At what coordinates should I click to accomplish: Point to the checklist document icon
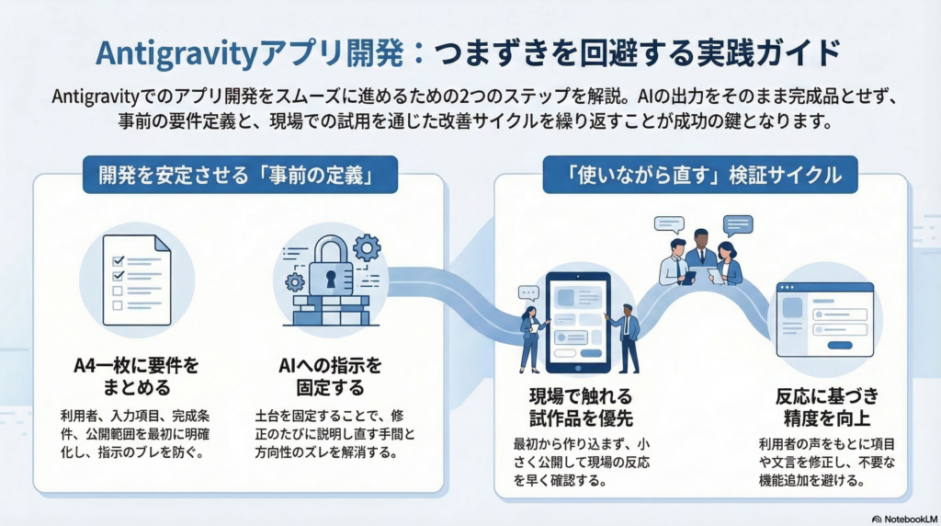coord(136,280)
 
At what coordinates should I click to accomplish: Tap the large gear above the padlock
coord(366,246)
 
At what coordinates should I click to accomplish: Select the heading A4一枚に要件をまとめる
coord(136,376)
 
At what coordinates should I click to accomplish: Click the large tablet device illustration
coord(578,318)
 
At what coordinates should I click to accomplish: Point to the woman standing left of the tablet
coord(532,336)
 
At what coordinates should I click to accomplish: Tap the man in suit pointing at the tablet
coord(628,336)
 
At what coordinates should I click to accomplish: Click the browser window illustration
coord(823,318)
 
